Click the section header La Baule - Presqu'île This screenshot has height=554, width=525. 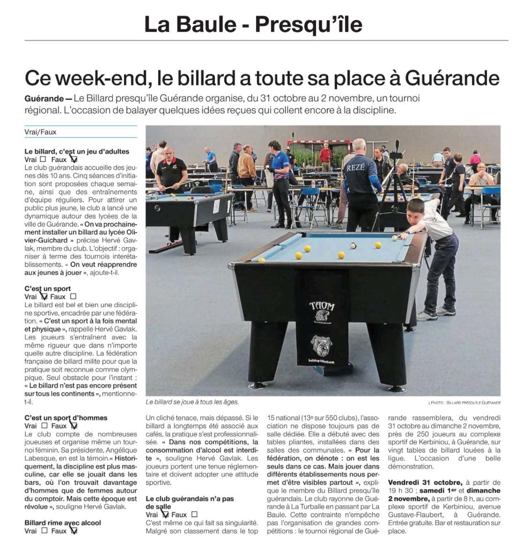click(253, 24)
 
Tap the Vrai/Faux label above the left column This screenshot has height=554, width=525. click(40, 132)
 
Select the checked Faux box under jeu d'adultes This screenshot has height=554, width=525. click(74, 160)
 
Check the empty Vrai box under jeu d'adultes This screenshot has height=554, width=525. click(43, 159)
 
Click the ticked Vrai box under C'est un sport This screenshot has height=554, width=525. click(44, 296)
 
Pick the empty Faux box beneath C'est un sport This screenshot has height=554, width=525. click(73, 296)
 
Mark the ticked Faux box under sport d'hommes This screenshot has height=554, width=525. click(74, 426)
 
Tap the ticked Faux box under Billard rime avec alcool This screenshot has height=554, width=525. click(74, 531)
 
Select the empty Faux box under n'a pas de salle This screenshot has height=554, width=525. click(194, 515)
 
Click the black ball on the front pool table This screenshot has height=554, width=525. click(353, 245)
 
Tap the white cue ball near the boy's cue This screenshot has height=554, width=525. click(394, 238)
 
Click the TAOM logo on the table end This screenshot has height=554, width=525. click(322, 306)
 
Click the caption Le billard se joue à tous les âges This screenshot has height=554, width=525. click(192, 402)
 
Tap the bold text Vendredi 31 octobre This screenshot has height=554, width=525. click(425, 482)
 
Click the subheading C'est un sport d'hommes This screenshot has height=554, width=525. click(66, 418)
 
